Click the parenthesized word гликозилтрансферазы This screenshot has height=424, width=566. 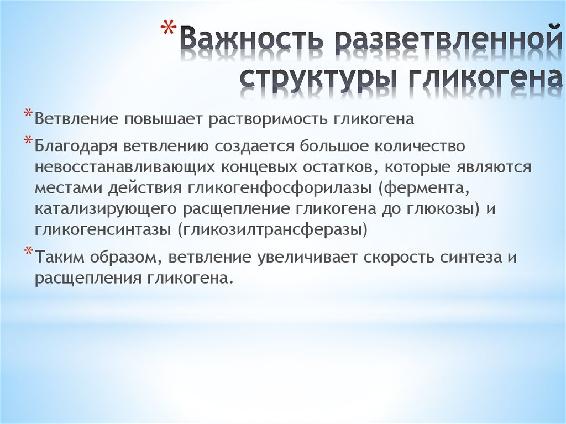pyautogui.click(x=272, y=230)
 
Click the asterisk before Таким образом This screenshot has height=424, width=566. pyautogui.click(x=28, y=252)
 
